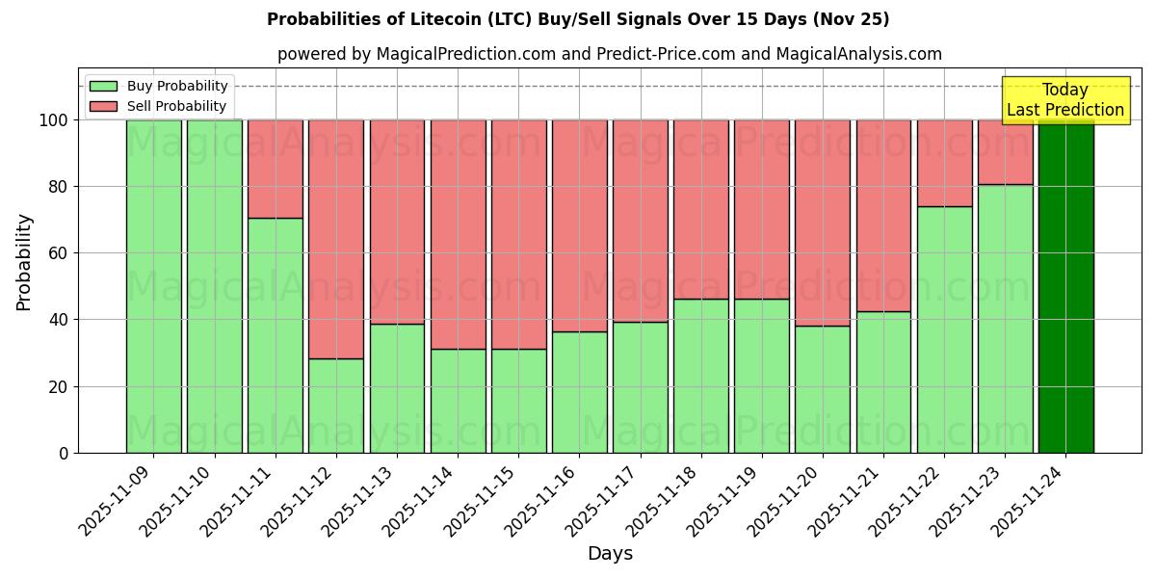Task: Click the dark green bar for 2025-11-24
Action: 1065,286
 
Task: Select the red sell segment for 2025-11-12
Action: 336,239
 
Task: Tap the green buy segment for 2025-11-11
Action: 276,335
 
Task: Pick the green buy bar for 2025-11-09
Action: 153,286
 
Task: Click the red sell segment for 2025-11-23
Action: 1005,152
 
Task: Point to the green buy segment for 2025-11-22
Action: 944,329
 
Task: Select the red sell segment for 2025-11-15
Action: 518,234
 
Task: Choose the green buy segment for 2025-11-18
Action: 701,376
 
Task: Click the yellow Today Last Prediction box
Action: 1064,100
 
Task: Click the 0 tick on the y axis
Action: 64,453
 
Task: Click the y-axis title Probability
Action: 24,261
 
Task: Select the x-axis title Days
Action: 610,554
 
